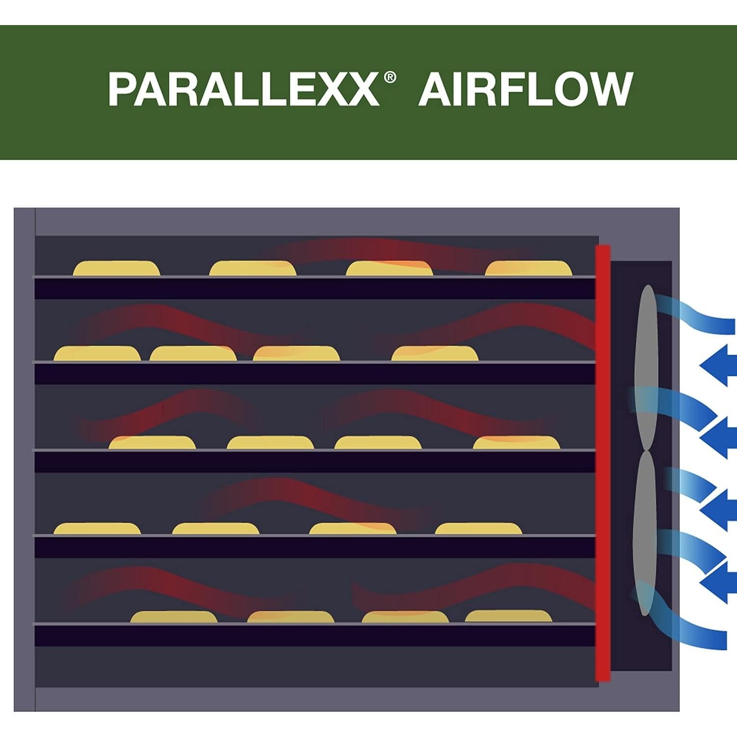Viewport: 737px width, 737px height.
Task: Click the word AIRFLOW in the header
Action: pos(525,89)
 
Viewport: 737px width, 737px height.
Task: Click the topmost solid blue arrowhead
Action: pos(717,365)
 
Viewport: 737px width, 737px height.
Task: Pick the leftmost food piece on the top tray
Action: pos(117,268)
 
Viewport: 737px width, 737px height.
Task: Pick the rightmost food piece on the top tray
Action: pos(529,268)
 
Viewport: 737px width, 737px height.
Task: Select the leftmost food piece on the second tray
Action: pos(97,354)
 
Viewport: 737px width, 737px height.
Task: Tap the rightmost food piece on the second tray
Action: pos(435,354)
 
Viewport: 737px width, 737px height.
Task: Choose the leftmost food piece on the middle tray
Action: pos(152,443)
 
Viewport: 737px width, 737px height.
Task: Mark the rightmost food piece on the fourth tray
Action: pos(478,529)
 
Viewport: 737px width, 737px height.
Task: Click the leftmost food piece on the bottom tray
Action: pos(174,617)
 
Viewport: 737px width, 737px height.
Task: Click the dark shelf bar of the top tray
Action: pos(315,288)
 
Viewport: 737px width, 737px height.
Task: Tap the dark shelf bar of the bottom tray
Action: pos(315,636)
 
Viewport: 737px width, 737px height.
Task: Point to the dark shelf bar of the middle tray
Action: pos(315,462)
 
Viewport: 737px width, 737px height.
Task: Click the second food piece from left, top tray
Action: pos(253,268)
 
